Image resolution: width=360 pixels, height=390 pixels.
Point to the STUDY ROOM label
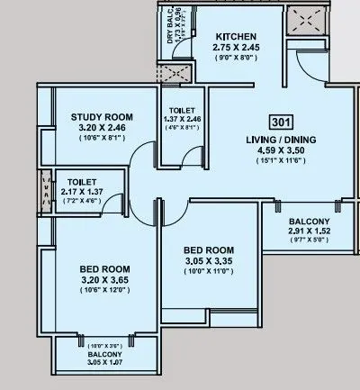102,117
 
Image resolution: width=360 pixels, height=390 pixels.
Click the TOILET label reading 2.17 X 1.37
81,180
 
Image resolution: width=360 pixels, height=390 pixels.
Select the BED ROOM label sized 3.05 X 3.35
210,249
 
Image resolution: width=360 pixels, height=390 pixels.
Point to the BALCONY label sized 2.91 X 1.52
309,222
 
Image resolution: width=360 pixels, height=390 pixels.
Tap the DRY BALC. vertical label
171,25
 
